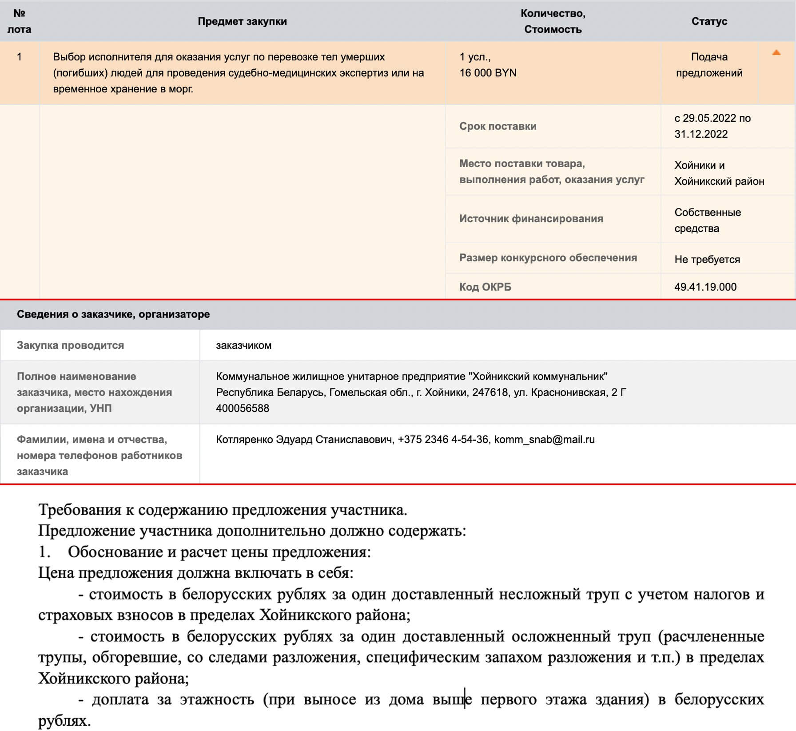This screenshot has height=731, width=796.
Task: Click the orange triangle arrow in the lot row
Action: pos(776,53)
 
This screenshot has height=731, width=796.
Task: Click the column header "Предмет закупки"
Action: pos(242,21)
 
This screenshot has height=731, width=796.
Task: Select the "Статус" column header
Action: pos(709,21)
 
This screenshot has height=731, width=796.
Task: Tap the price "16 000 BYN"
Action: pos(488,73)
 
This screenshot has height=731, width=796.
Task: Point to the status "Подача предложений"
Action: pos(709,65)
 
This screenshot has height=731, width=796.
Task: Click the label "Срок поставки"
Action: pos(497,126)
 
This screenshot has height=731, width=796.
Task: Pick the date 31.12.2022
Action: pos(701,134)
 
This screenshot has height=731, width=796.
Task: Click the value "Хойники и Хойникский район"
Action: pos(719,173)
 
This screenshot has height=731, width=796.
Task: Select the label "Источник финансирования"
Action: pos(531,219)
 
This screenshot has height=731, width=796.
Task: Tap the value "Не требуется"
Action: pos(707,260)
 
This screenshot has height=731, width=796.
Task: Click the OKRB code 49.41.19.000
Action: pos(705,287)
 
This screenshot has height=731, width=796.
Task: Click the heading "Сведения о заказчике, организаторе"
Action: pos(113,314)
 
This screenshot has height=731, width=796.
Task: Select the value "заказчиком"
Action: pos(243,345)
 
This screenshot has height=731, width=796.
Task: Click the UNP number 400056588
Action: pos(243,408)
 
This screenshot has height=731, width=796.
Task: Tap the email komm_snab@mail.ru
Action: pos(544,439)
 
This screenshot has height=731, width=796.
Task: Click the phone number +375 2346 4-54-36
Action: pos(443,439)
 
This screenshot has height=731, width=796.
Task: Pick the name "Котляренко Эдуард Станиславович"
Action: pos(305,439)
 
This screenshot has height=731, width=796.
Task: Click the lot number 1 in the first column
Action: pos(19,57)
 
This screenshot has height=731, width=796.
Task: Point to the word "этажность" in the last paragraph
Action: pos(217,699)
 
